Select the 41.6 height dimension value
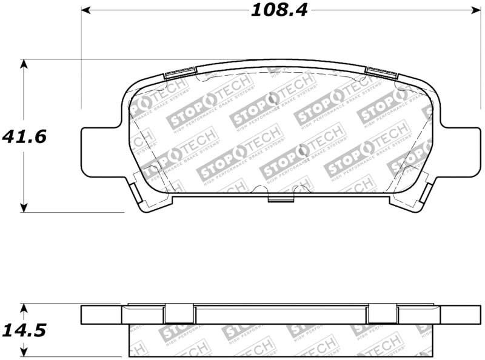pos(24,136)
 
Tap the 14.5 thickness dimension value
pos(24,330)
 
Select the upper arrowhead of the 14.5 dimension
pos(24,307)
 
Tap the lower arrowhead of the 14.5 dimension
pos(24,353)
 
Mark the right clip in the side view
pos(382,314)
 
